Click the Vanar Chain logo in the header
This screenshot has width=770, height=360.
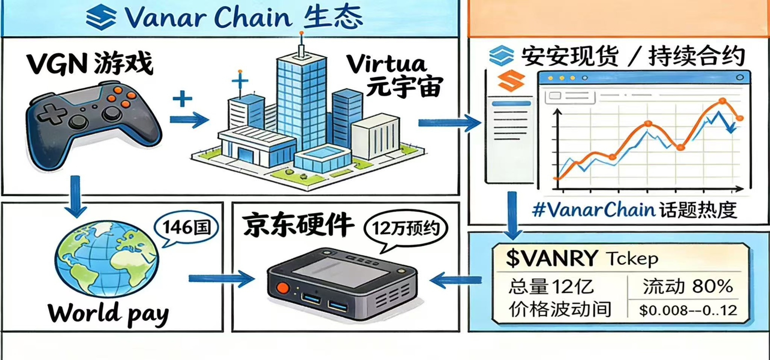click(101, 17)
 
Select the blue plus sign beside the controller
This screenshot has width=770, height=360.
click(183, 99)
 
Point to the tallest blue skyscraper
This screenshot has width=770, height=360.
click(301, 100)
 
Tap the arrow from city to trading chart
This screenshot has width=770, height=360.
click(449, 123)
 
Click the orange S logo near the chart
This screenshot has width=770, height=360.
click(511, 80)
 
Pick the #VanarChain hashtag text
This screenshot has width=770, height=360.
click(594, 210)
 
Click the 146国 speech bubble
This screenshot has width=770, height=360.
click(186, 228)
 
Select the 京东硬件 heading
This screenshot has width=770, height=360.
click(298, 225)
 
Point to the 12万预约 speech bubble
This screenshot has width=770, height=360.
click(405, 229)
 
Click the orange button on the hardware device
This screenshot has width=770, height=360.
click(283, 288)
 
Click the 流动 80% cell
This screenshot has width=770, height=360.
click(688, 286)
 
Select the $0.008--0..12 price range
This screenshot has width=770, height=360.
click(688, 310)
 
